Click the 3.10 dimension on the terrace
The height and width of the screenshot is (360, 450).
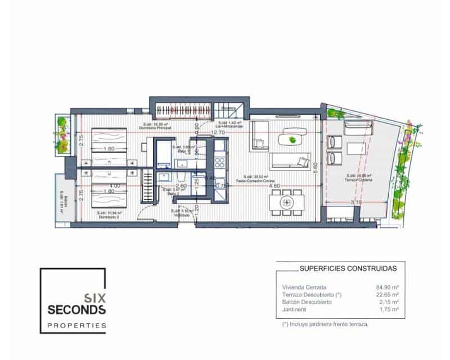click(x=355, y=202)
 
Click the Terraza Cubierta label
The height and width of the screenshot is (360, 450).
click(x=358, y=178)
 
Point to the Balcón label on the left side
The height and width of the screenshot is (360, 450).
click(x=64, y=200)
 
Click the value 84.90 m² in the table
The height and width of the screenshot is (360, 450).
click(x=387, y=287)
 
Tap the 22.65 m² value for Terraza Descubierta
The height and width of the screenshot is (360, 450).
click(x=387, y=295)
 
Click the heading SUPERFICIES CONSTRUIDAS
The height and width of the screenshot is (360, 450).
click(x=344, y=269)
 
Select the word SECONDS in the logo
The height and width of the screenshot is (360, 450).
click(x=76, y=309)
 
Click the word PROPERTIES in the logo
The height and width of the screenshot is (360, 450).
click(x=76, y=325)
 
